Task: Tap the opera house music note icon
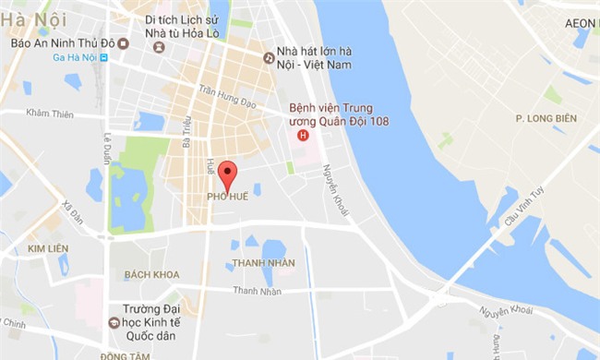point(269,57)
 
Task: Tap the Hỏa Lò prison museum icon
point(160,46)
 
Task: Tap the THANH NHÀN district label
point(263,262)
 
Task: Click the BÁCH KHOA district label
point(150,275)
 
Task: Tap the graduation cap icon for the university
point(114,322)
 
